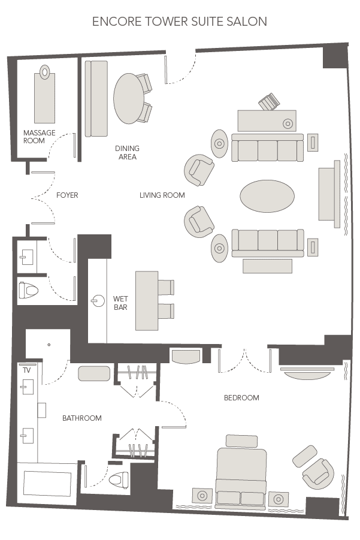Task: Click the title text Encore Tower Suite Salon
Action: (180, 22)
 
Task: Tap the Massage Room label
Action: (39, 137)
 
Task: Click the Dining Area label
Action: (127, 153)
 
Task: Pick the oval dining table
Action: (129, 98)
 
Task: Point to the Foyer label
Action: (67, 195)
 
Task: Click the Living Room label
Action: (162, 195)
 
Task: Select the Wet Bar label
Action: (120, 303)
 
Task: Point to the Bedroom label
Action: (241, 398)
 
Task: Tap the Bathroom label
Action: (82, 418)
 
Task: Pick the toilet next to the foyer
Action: (28, 291)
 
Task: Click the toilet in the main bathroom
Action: (120, 479)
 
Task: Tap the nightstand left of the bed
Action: (202, 496)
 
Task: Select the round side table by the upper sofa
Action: (219, 144)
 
